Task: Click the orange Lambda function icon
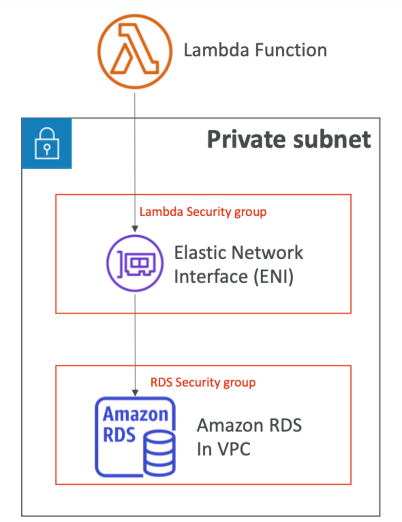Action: tap(135, 51)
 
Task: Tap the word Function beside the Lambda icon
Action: tap(291, 50)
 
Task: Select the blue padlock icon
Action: tap(47, 144)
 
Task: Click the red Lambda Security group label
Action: tap(203, 212)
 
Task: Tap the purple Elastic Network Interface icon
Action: tap(135, 263)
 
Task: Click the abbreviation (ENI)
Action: tap(274, 277)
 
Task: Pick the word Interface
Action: tap(211, 277)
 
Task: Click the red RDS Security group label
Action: tap(203, 382)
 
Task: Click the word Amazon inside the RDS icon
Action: tap(136, 415)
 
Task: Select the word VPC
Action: tap(234, 449)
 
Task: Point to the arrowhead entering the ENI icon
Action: tap(135, 229)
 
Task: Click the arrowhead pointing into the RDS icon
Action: tap(135, 393)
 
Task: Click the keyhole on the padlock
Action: tap(47, 149)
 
